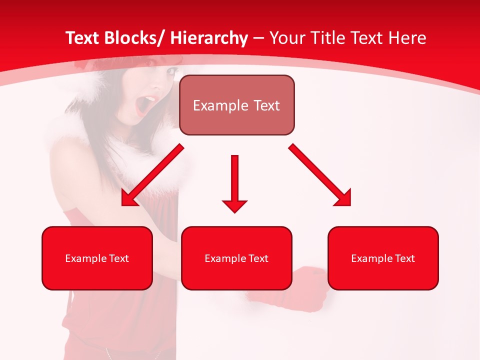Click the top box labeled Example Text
236,105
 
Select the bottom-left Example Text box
97,258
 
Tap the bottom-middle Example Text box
236,258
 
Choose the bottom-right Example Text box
383,258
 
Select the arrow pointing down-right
320,175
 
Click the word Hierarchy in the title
209,38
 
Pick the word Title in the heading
321,38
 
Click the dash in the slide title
258,38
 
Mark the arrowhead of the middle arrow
234,205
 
